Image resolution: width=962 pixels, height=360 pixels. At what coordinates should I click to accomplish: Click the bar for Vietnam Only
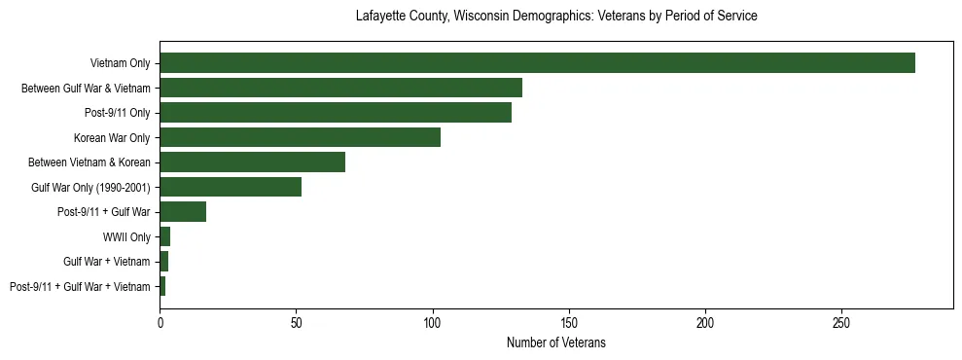[537, 63]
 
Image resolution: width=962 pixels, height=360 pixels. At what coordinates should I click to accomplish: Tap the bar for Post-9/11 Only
[336, 113]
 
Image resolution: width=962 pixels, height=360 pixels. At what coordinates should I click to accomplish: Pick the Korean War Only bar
[300, 137]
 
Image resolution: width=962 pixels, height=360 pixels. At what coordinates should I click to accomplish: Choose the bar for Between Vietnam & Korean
[252, 162]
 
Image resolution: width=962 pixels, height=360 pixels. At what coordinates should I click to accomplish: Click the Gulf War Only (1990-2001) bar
[231, 187]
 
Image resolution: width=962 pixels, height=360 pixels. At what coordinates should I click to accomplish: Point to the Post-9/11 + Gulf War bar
[183, 212]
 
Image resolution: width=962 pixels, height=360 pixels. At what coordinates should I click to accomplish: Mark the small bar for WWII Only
[165, 236]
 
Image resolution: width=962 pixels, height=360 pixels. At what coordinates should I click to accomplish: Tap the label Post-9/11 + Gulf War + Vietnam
[80, 287]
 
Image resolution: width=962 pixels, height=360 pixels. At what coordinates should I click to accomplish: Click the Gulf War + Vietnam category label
[106, 262]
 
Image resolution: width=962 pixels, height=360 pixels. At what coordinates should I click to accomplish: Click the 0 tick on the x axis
[160, 320]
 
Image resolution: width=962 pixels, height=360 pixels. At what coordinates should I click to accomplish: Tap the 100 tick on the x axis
[433, 320]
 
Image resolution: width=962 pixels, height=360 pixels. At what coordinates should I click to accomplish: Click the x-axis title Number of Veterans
[555, 342]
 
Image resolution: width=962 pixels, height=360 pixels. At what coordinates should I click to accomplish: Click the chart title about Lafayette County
[555, 17]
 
